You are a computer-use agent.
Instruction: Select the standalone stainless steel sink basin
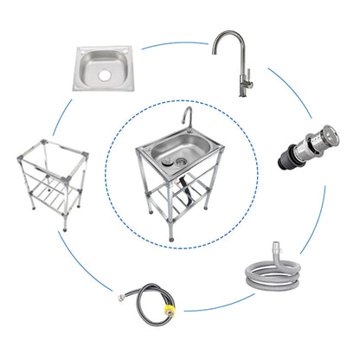pyautogui.click(x=103, y=69)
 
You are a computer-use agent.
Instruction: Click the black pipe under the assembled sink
pyautogui.click(x=184, y=181)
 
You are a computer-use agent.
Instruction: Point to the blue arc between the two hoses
pyautogui.click(x=221, y=305)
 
